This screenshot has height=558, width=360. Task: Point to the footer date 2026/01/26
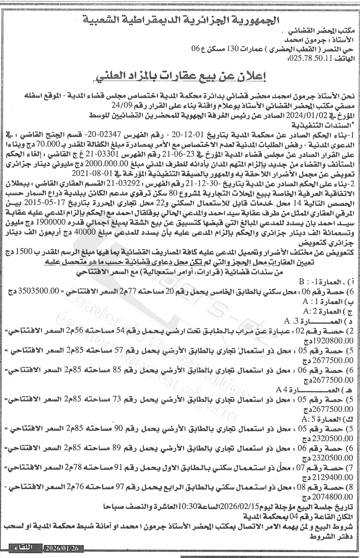65,548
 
